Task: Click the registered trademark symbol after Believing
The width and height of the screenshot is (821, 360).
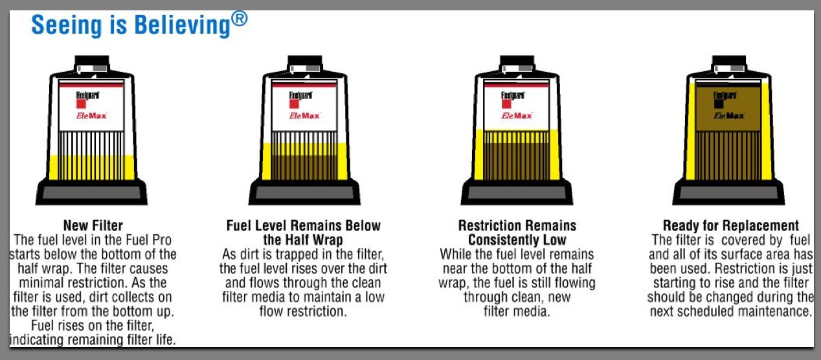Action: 240,19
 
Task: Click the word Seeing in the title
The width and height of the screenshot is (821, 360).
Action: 66,25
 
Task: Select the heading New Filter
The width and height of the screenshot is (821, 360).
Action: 93,225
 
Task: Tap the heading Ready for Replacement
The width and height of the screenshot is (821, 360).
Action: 731,225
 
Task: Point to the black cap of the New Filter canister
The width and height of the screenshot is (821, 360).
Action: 92,61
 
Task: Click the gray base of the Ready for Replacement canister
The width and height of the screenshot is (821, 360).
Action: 728,192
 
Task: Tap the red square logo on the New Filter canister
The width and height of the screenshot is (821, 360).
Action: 81,104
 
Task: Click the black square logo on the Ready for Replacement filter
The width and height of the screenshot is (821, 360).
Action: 719,104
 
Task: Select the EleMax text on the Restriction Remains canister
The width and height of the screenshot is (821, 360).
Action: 517,116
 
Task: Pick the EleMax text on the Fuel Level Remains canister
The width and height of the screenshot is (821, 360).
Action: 304,116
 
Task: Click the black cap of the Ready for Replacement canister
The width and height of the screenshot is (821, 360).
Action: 728,61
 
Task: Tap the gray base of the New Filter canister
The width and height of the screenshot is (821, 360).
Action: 92,192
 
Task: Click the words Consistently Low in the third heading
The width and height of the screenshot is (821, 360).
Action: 517,240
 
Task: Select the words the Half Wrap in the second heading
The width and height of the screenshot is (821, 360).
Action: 303,240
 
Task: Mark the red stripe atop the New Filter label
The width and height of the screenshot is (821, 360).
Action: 92,85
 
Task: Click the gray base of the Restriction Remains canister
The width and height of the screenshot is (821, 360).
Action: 517,192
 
